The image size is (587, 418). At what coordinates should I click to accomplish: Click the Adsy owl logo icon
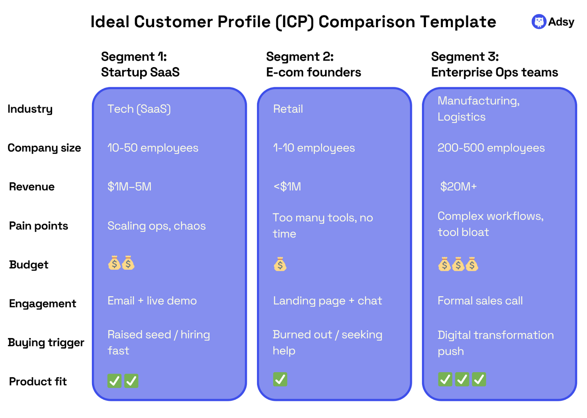tap(539, 22)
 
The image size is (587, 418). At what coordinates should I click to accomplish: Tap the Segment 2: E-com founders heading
tap(313, 65)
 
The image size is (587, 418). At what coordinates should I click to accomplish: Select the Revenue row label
tap(32, 186)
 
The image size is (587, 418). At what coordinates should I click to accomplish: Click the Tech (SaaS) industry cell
tap(139, 109)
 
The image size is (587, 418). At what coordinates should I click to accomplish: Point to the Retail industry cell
tap(288, 109)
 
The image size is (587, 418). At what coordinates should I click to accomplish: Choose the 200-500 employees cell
tap(491, 148)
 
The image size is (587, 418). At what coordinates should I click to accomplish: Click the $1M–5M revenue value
tap(130, 186)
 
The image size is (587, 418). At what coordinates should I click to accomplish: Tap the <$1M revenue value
tap(287, 186)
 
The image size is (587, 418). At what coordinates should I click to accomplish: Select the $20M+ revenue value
tap(458, 186)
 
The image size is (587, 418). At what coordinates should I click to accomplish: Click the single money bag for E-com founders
tap(280, 264)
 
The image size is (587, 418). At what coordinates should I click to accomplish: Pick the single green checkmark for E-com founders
tap(280, 379)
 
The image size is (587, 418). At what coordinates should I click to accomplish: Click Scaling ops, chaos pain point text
tap(156, 226)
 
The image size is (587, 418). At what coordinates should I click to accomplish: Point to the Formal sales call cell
tap(480, 301)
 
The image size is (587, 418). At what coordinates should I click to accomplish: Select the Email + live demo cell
tap(152, 301)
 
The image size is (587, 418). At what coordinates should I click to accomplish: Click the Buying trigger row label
tap(46, 343)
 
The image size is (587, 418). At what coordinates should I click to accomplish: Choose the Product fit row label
tap(38, 382)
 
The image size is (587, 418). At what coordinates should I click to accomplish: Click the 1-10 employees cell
tap(314, 148)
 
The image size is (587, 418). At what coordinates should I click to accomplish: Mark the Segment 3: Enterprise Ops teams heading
tap(495, 65)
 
